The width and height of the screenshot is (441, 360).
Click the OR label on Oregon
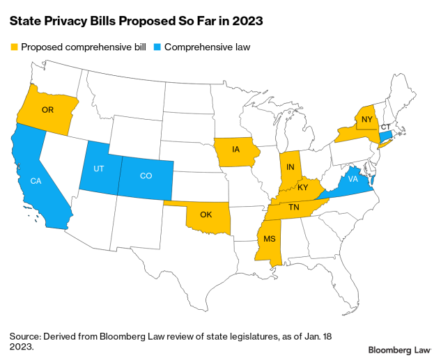[x=47, y=110]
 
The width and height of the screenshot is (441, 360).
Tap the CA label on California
[x=35, y=181]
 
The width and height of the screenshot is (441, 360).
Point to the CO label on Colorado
[x=146, y=176]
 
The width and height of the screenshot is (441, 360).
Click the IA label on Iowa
[x=236, y=148]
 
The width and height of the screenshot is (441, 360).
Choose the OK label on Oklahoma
[x=206, y=214]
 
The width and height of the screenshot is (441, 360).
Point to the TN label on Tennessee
[x=294, y=208]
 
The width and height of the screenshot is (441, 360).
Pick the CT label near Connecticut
[x=385, y=127]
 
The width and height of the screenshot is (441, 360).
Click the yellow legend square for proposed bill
[x=13, y=47]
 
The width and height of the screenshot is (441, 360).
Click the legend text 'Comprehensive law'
[x=202, y=47]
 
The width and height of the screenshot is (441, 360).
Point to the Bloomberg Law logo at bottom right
[x=399, y=349]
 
